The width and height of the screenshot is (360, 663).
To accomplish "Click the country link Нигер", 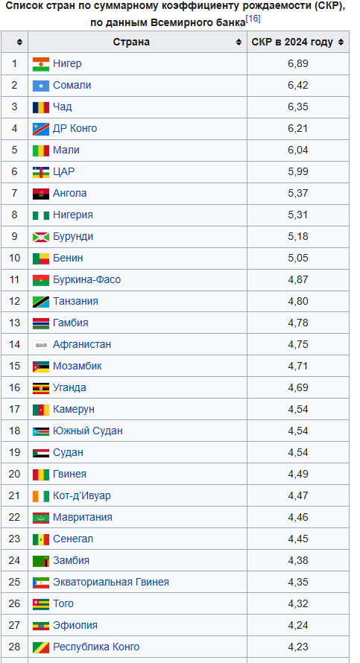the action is [67, 64].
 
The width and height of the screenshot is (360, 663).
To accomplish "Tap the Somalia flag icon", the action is [41, 86].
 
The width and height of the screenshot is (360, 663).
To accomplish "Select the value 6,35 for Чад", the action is [298, 107].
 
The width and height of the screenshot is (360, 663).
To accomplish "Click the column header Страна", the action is [131, 42].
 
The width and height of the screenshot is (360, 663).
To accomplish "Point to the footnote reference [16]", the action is [253, 19].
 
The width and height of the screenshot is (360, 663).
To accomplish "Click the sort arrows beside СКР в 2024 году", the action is [341, 42].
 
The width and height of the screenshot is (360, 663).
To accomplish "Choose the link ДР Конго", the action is [75, 129].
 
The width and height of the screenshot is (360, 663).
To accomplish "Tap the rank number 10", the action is [14, 258].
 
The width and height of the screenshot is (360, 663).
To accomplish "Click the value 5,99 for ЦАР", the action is [298, 171].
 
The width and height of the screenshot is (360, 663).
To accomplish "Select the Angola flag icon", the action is [41, 194].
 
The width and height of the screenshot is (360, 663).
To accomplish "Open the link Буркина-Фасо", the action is [86, 280].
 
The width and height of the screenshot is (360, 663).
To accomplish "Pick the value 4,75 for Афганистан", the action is [298, 345].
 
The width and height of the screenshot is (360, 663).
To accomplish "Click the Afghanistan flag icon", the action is [41, 345].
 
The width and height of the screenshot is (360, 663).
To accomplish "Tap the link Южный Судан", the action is [87, 431].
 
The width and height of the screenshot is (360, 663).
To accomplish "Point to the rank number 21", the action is [14, 495].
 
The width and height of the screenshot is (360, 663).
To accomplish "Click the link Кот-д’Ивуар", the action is [82, 495].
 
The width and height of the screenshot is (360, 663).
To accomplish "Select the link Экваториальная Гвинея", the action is [111, 583].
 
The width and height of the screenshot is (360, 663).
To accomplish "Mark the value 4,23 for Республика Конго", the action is [298, 647].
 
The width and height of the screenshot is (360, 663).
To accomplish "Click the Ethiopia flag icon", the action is [41, 626].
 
